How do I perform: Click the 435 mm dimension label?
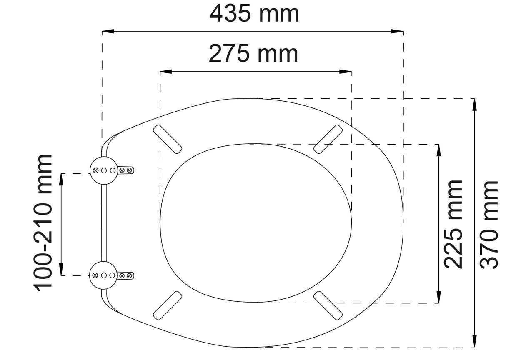(254, 14)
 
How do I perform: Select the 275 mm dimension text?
(253, 54)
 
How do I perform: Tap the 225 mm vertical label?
(453, 224)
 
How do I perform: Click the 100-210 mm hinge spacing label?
(43, 222)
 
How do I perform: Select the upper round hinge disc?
(103, 170)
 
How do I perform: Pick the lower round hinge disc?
(103, 275)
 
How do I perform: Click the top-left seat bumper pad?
(168, 138)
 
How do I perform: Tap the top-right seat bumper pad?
(328, 138)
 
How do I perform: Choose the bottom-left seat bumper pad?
(168, 305)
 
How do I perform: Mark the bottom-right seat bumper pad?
(328, 305)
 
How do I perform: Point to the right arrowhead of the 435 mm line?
(398, 31)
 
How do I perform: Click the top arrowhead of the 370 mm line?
(474, 104)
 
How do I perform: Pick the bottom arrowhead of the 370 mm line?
(474, 341)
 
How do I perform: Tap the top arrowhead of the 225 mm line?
(438, 150)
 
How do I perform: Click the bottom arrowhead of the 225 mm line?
(438, 297)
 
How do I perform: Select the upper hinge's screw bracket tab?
(126, 170)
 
